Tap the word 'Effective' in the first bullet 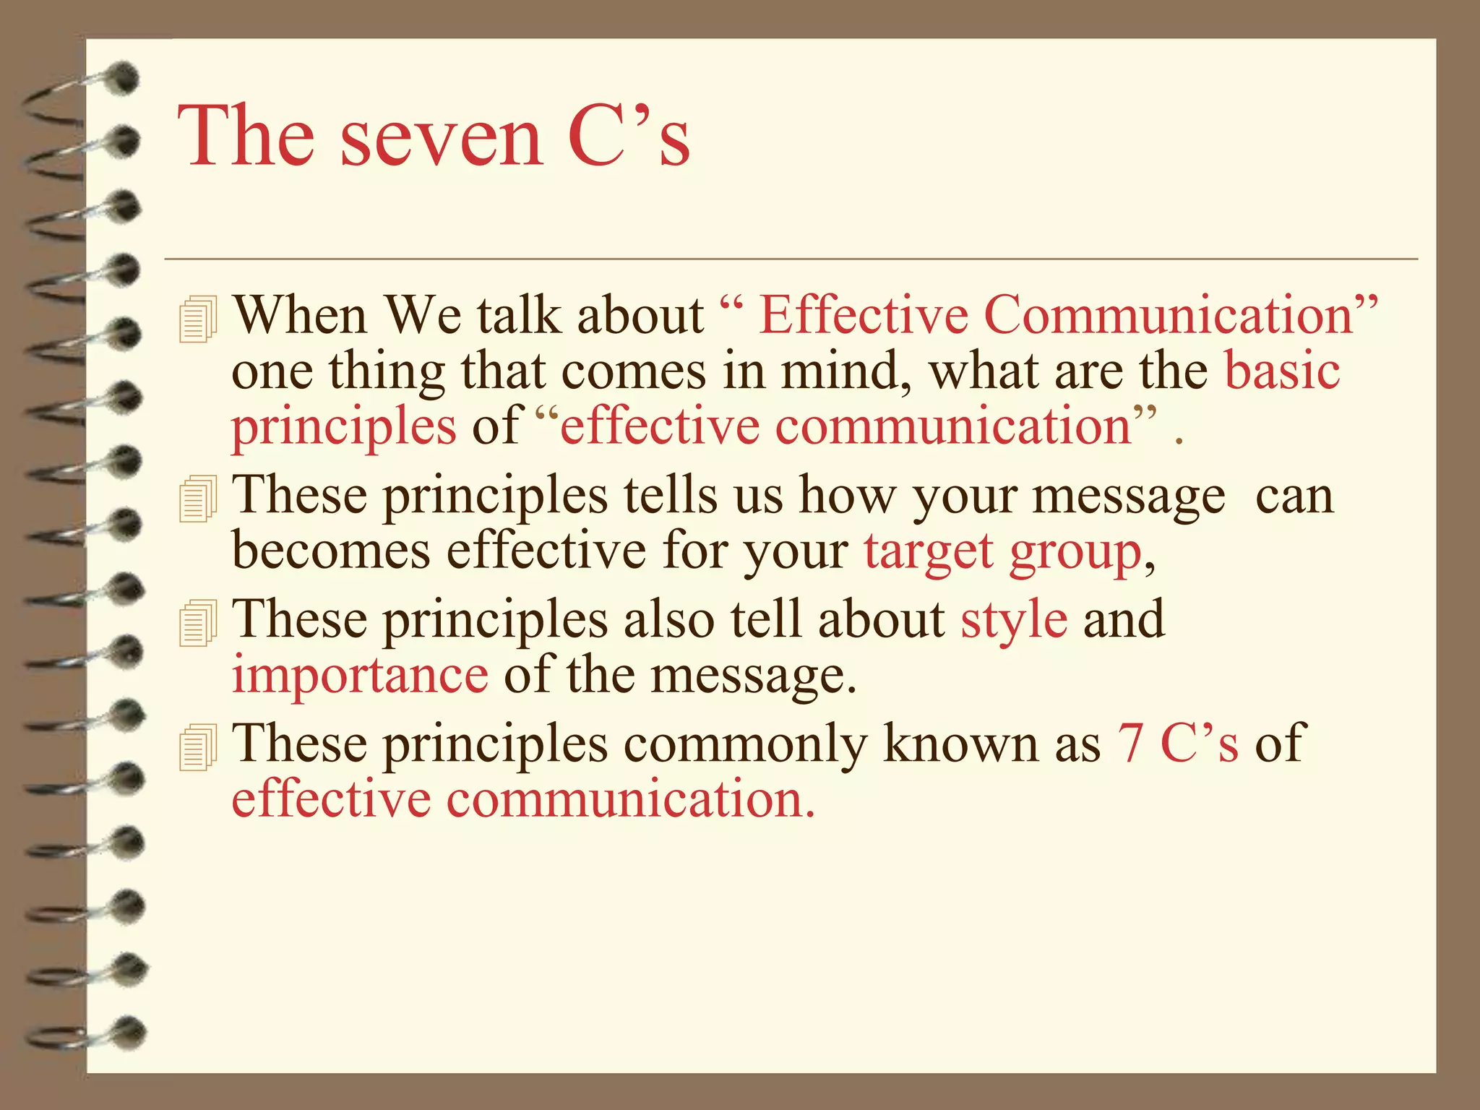pyautogui.click(x=864, y=316)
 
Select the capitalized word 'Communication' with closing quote pyautogui.click(x=1180, y=316)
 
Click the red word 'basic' pyautogui.click(x=1283, y=371)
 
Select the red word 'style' pyautogui.click(x=1014, y=620)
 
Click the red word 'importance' pyautogui.click(x=360, y=676)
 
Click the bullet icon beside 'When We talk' pyautogui.click(x=197, y=319)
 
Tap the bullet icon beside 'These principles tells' pyautogui.click(x=197, y=498)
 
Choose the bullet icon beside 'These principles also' pyautogui.click(x=197, y=622)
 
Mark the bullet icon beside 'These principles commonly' pyautogui.click(x=197, y=746)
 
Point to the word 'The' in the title pyautogui.click(x=246, y=136)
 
